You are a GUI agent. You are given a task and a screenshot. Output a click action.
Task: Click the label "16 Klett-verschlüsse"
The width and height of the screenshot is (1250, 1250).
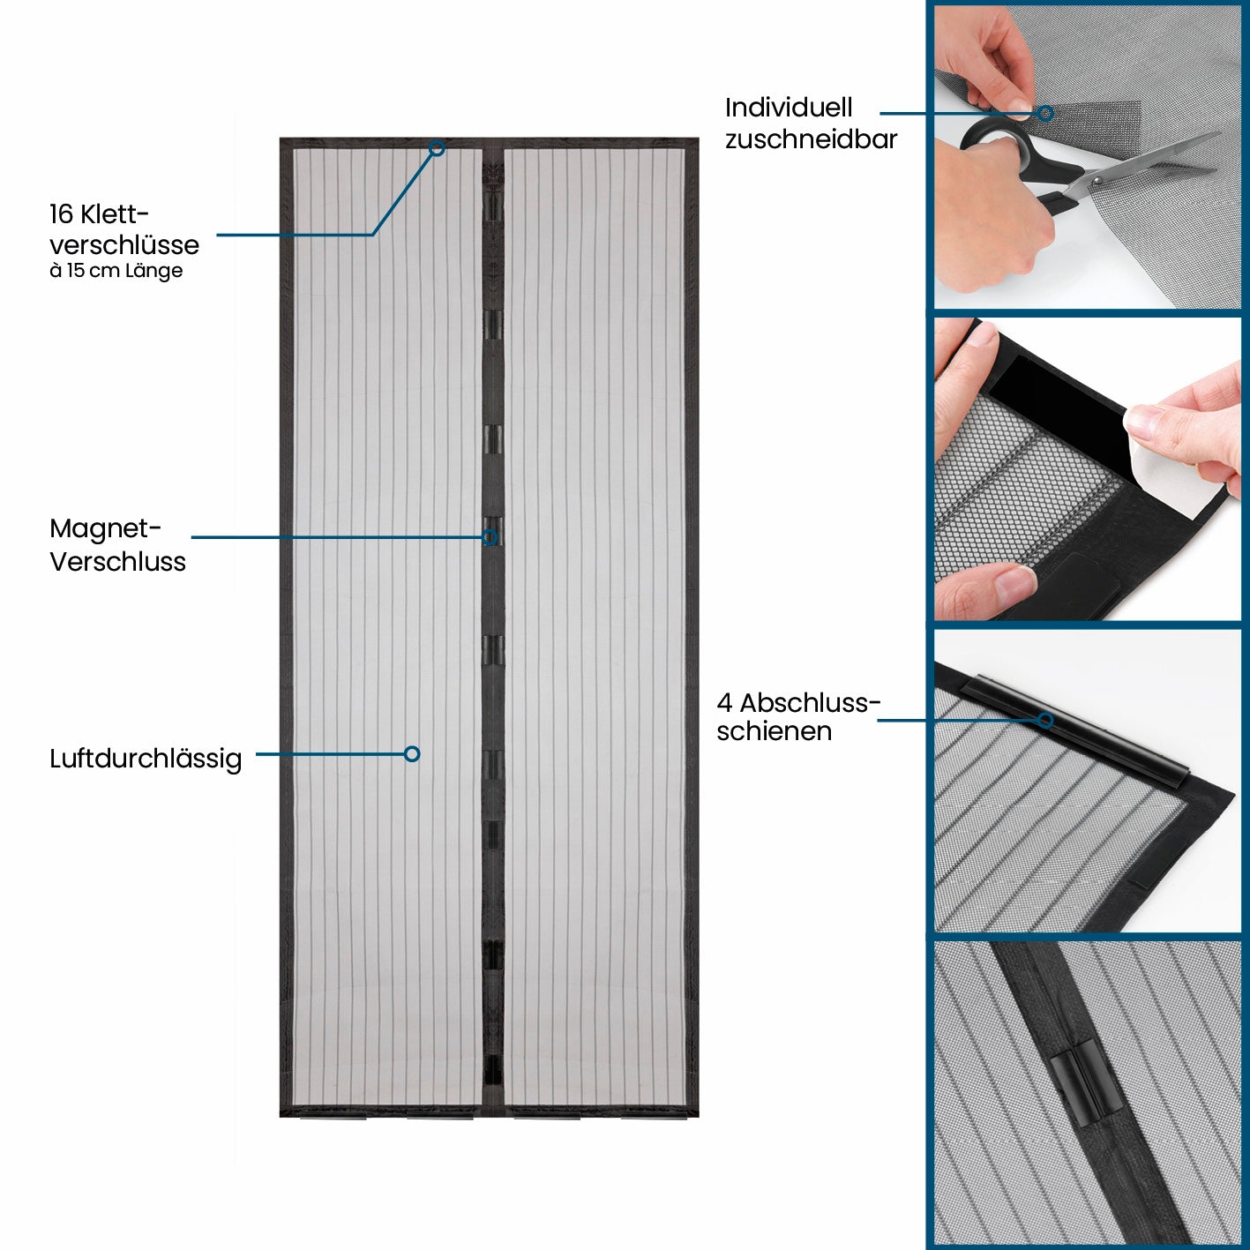tap(124, 229)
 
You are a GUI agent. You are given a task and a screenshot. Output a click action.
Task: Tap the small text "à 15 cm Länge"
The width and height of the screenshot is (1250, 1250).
tap(116, 271)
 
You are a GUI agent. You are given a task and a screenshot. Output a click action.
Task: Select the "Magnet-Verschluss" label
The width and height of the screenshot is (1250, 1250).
tap(117, 545)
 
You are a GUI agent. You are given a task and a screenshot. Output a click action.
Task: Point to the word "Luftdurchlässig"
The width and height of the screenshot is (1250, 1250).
tap(146, 759)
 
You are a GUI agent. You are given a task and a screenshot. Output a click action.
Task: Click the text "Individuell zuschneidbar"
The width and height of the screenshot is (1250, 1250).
tap(811, 124)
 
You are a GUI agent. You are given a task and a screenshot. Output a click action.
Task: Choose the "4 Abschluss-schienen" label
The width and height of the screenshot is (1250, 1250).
tap(798, 717)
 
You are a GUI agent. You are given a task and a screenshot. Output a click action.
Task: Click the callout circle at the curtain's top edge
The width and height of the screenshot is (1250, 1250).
tap(438, 148)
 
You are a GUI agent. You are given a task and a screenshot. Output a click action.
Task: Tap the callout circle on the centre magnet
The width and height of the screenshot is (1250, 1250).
tap(490, 536)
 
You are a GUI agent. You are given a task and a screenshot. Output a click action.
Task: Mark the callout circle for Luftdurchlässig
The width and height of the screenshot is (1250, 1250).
tap(412, 753)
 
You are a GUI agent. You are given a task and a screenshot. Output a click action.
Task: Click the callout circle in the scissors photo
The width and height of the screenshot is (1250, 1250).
tap(1045, 114)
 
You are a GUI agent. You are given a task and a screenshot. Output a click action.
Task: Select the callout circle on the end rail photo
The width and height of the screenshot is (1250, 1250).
tap(1045, 720)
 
